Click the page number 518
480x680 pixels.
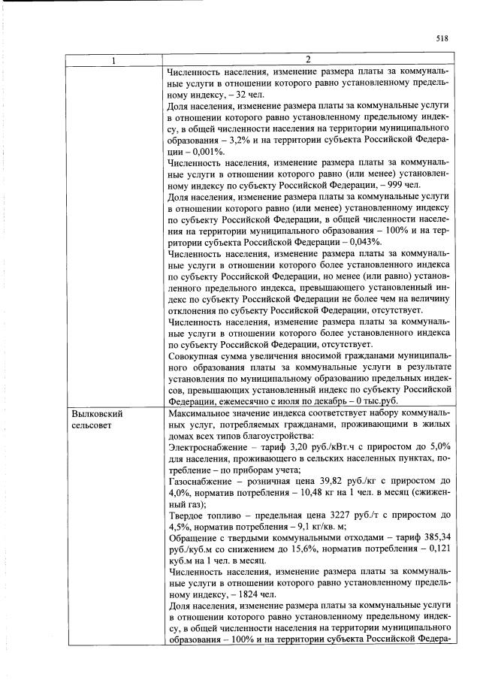441,39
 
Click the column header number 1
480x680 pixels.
113,60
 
